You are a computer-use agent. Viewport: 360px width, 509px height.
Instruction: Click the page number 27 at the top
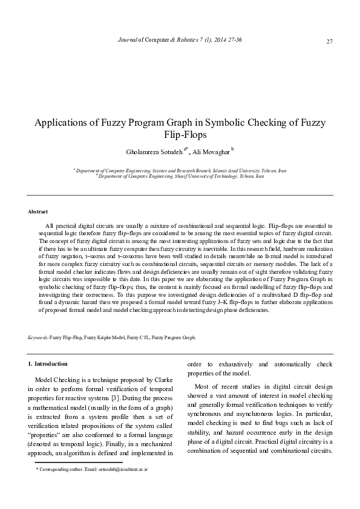(329, 41)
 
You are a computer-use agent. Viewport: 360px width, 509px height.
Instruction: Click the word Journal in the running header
(126, 39)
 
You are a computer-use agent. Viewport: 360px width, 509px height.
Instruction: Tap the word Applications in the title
(64, 123)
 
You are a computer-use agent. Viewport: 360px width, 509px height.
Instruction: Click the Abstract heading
(39, 212)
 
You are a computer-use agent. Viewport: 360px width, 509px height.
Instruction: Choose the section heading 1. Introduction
(48, 364)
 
